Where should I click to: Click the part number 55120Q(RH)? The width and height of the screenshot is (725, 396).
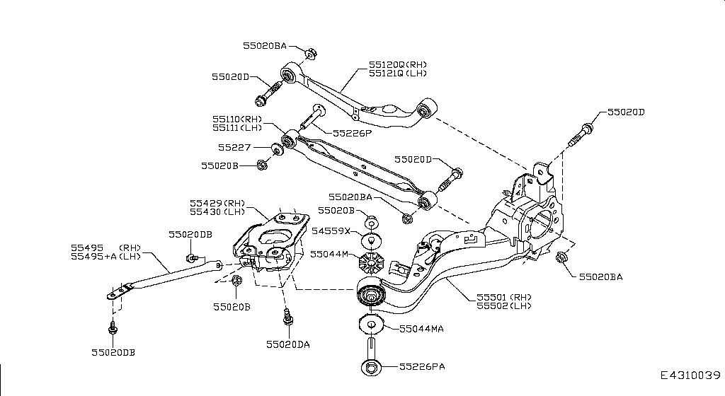click(x=397, y=64)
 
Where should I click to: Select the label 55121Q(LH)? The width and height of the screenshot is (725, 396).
click(x=397, y=73)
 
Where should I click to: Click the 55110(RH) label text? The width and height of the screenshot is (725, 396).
click(x=237, y=119)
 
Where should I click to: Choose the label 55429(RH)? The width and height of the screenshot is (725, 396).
click(x=217, y=202)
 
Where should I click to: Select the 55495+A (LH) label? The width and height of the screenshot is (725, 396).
click(x=107, y=257)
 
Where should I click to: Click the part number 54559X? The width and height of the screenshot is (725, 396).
click(x=331, y=231)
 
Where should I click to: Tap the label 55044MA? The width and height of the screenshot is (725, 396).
click(x=422, y=329)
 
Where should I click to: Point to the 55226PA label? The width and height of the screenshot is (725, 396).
click(x=423, y=367)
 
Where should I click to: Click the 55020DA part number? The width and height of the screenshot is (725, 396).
click(x=288, y=344)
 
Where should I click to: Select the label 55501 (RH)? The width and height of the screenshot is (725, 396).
click(x=502, y=297)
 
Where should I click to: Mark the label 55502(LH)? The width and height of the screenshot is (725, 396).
click(x=502, y=305)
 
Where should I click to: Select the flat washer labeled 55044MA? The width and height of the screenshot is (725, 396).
click(x=371, y=325)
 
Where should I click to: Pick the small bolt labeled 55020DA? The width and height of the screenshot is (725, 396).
click(x=287, y=318)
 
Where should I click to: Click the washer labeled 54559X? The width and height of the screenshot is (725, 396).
click(x=371, y=238)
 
